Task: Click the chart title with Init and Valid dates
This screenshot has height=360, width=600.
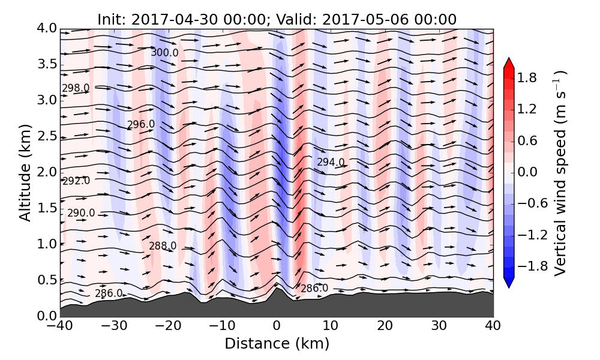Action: pyautogui.click(x=277, y=19)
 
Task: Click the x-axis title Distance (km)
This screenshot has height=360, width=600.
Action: pyautogui.click(x=277, y=344)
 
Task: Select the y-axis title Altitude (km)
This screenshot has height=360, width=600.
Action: pyautogui.click(x=25, y=172)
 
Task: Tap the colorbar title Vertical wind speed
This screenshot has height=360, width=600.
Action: pyautogui.click(x=560, y=173)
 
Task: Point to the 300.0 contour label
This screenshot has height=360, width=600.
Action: pyautogui.click(x=164, y=53)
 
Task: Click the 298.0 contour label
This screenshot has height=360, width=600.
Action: pyautogui.click(x=76, y=88)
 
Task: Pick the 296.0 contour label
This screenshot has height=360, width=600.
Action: pyautogui.click(x=141, y=124)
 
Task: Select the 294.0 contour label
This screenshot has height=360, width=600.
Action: pyautogui.click(x=331, y=162)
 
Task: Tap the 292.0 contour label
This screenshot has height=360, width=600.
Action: pyautogui.click(x=76, y=181)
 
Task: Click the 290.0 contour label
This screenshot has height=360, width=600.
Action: pyautogui.click(x=81, y=213)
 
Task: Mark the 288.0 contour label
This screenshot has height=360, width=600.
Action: pyautogui.click(x=163, y=246)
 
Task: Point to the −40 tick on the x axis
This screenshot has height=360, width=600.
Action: pyautogui.click(x=60, y=326)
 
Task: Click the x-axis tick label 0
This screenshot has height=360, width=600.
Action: pyautogui.click(x=277, y=326)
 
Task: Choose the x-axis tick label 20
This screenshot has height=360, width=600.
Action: pyautogui.click(x=385, y=326)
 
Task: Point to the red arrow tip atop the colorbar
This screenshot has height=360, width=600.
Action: pyautogui.click(x=508, y=61)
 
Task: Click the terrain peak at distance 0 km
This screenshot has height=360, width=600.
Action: pyautogui.click(x=277, y=289)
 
